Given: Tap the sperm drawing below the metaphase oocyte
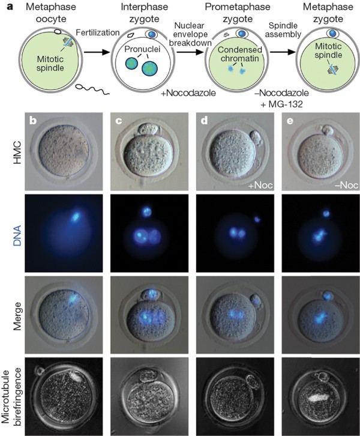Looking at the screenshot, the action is tap(91, 94).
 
